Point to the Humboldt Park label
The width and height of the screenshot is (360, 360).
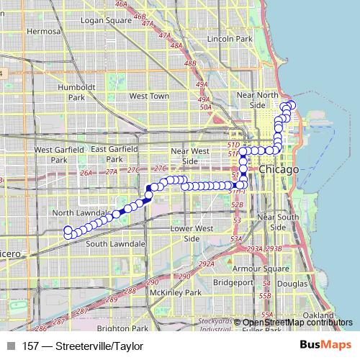tap(72, 91)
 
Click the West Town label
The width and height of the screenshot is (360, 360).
tap(149, 95)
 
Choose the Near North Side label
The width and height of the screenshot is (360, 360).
tap(257, 99)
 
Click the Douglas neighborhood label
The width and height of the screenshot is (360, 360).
tap(294, 284)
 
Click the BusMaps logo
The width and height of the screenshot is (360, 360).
tap(325, 346)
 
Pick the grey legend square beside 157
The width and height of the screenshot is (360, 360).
tap(10, 346)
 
